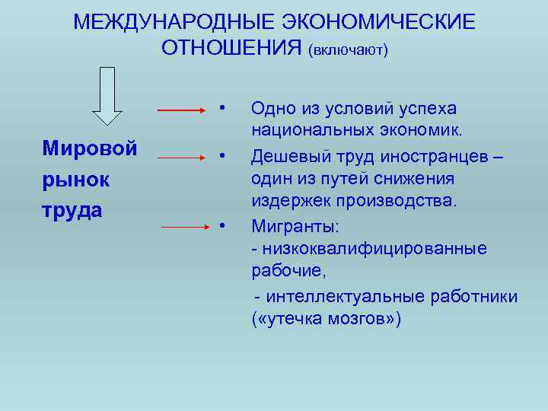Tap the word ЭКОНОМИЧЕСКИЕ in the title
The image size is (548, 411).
[381, 22]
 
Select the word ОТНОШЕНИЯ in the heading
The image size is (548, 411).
[232, 48]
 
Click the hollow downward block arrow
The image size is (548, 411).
[107, 95]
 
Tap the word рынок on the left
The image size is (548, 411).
[76, 179]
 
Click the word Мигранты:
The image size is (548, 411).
[295, 227]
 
